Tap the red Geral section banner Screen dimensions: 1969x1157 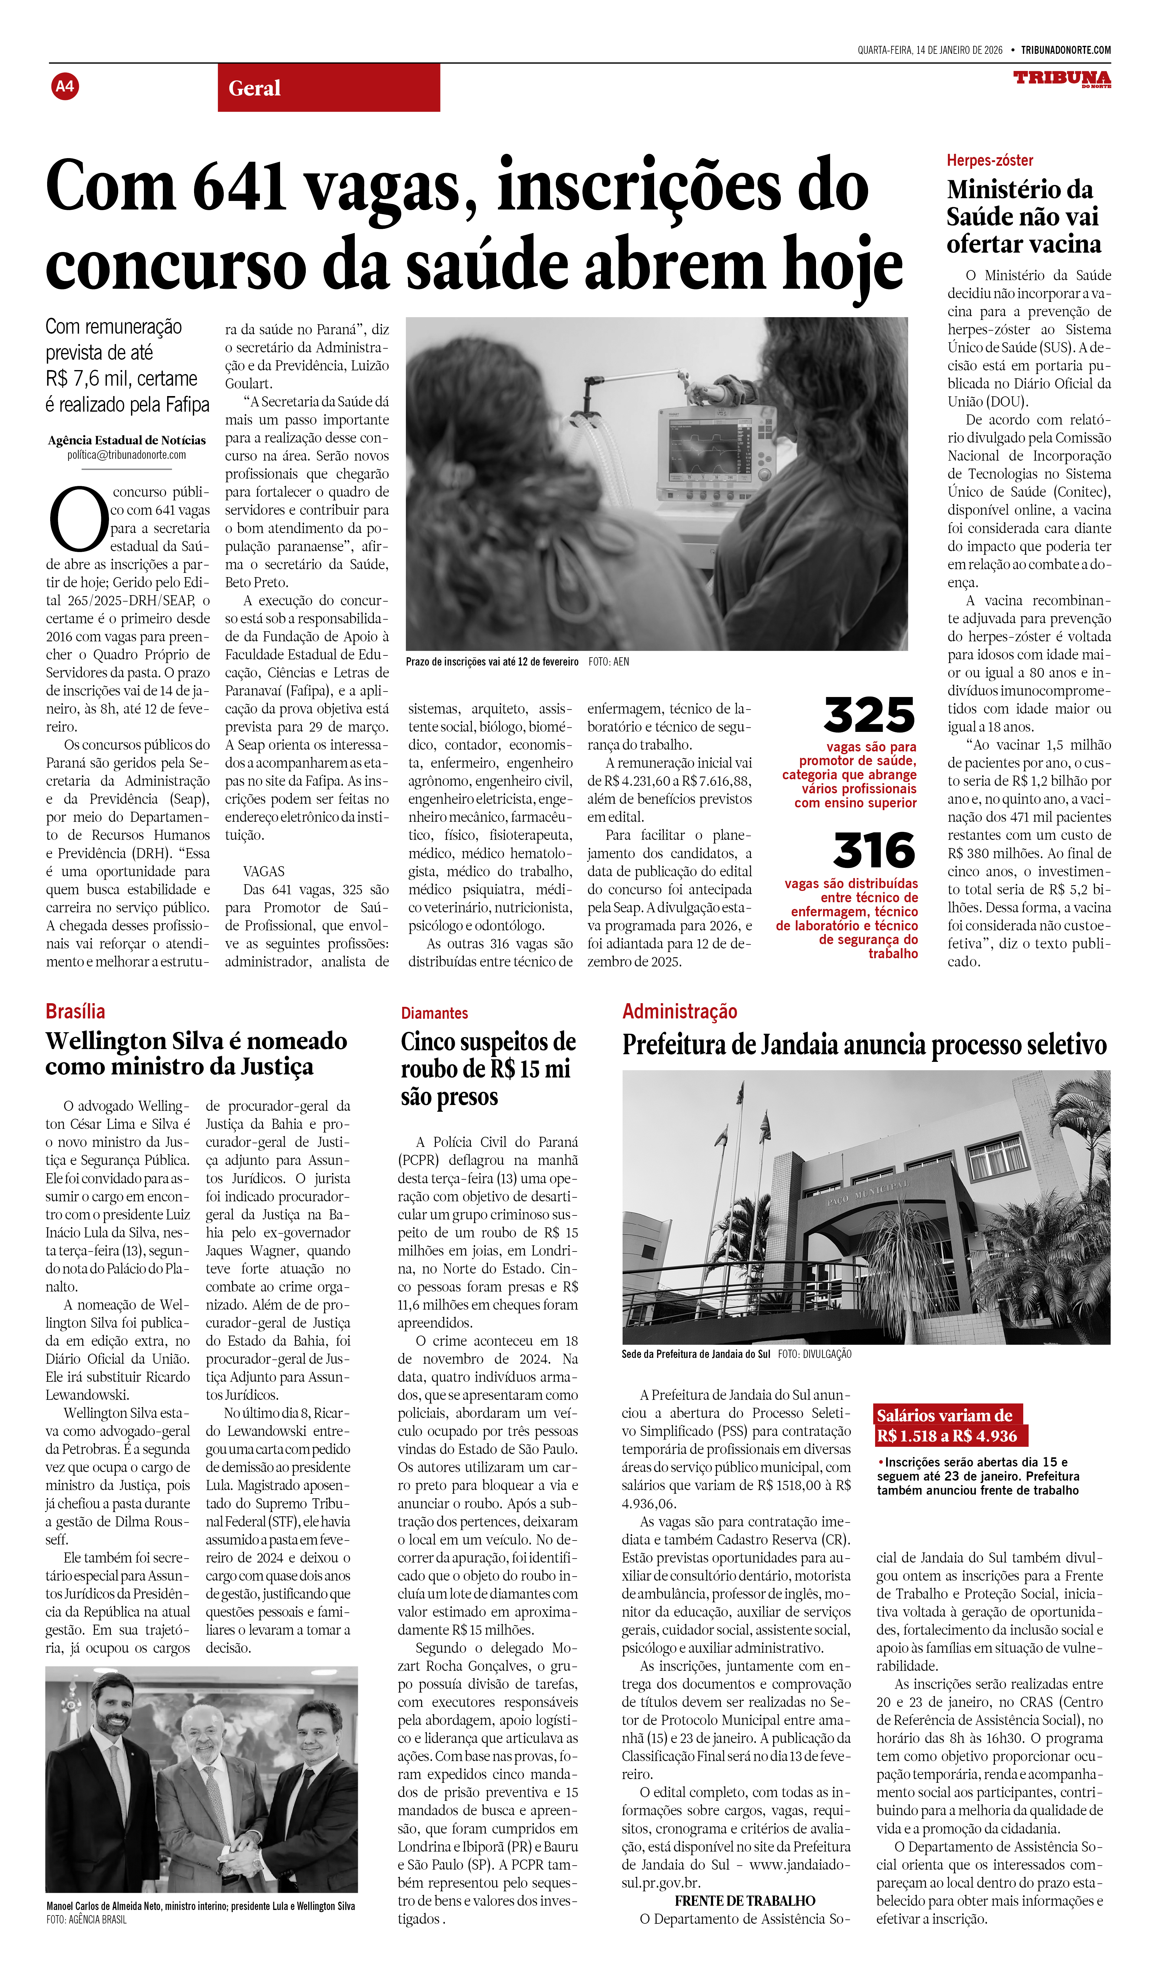(x=328, y=87)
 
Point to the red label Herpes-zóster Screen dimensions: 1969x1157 (x=990, y=160)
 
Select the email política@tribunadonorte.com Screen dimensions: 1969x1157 (x=127, y=455)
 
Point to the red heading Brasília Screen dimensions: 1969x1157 (x=75, y=1011)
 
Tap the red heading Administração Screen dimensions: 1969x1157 (x=679, y=1011)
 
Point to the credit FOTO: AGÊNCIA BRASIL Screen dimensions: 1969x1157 (x=86, y=1919)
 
